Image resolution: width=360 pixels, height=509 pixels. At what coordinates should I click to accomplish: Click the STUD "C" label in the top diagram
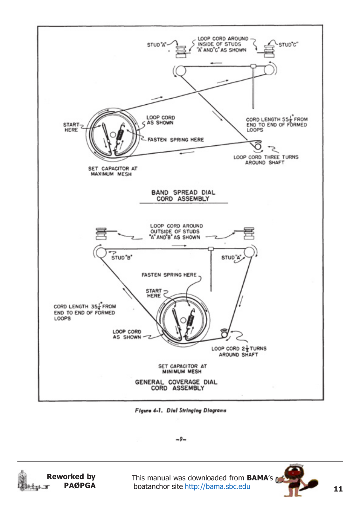tap(288, 45)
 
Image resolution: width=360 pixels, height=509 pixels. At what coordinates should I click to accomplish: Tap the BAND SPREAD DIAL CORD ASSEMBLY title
tap(183, 196)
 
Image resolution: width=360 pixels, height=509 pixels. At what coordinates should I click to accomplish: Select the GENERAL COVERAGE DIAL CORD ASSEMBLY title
tap(176, 385)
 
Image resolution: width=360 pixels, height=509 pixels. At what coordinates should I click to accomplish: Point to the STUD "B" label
tap(122, 258)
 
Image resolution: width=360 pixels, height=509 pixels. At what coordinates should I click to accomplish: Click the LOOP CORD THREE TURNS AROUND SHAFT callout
tap(266, 160)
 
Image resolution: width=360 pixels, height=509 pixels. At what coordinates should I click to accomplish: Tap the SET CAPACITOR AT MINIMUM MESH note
tap(182, 369)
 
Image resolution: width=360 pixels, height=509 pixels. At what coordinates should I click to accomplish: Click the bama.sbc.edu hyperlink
tap(218, 486)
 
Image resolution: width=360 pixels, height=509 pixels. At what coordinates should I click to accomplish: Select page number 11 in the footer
tap(338, 489)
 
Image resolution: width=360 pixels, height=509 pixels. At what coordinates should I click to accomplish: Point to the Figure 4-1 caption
tap(180, 410)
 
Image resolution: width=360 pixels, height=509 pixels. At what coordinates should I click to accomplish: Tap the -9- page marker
tap(181, 439)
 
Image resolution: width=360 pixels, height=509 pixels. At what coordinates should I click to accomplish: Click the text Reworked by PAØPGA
tap(72, 481)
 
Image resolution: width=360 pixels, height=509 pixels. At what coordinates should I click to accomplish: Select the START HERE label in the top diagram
tap(71, 127)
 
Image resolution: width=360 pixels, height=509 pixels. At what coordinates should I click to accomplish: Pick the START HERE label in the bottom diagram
tap(154, 293)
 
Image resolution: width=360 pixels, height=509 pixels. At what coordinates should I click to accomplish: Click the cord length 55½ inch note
tap(276, 124)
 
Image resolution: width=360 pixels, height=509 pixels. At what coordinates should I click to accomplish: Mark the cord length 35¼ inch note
tap(85, 312)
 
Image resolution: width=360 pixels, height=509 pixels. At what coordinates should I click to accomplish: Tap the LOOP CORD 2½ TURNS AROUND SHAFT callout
tap(239, 351)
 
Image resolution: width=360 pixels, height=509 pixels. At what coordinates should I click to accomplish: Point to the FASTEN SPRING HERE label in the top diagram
tap(176, 140)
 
